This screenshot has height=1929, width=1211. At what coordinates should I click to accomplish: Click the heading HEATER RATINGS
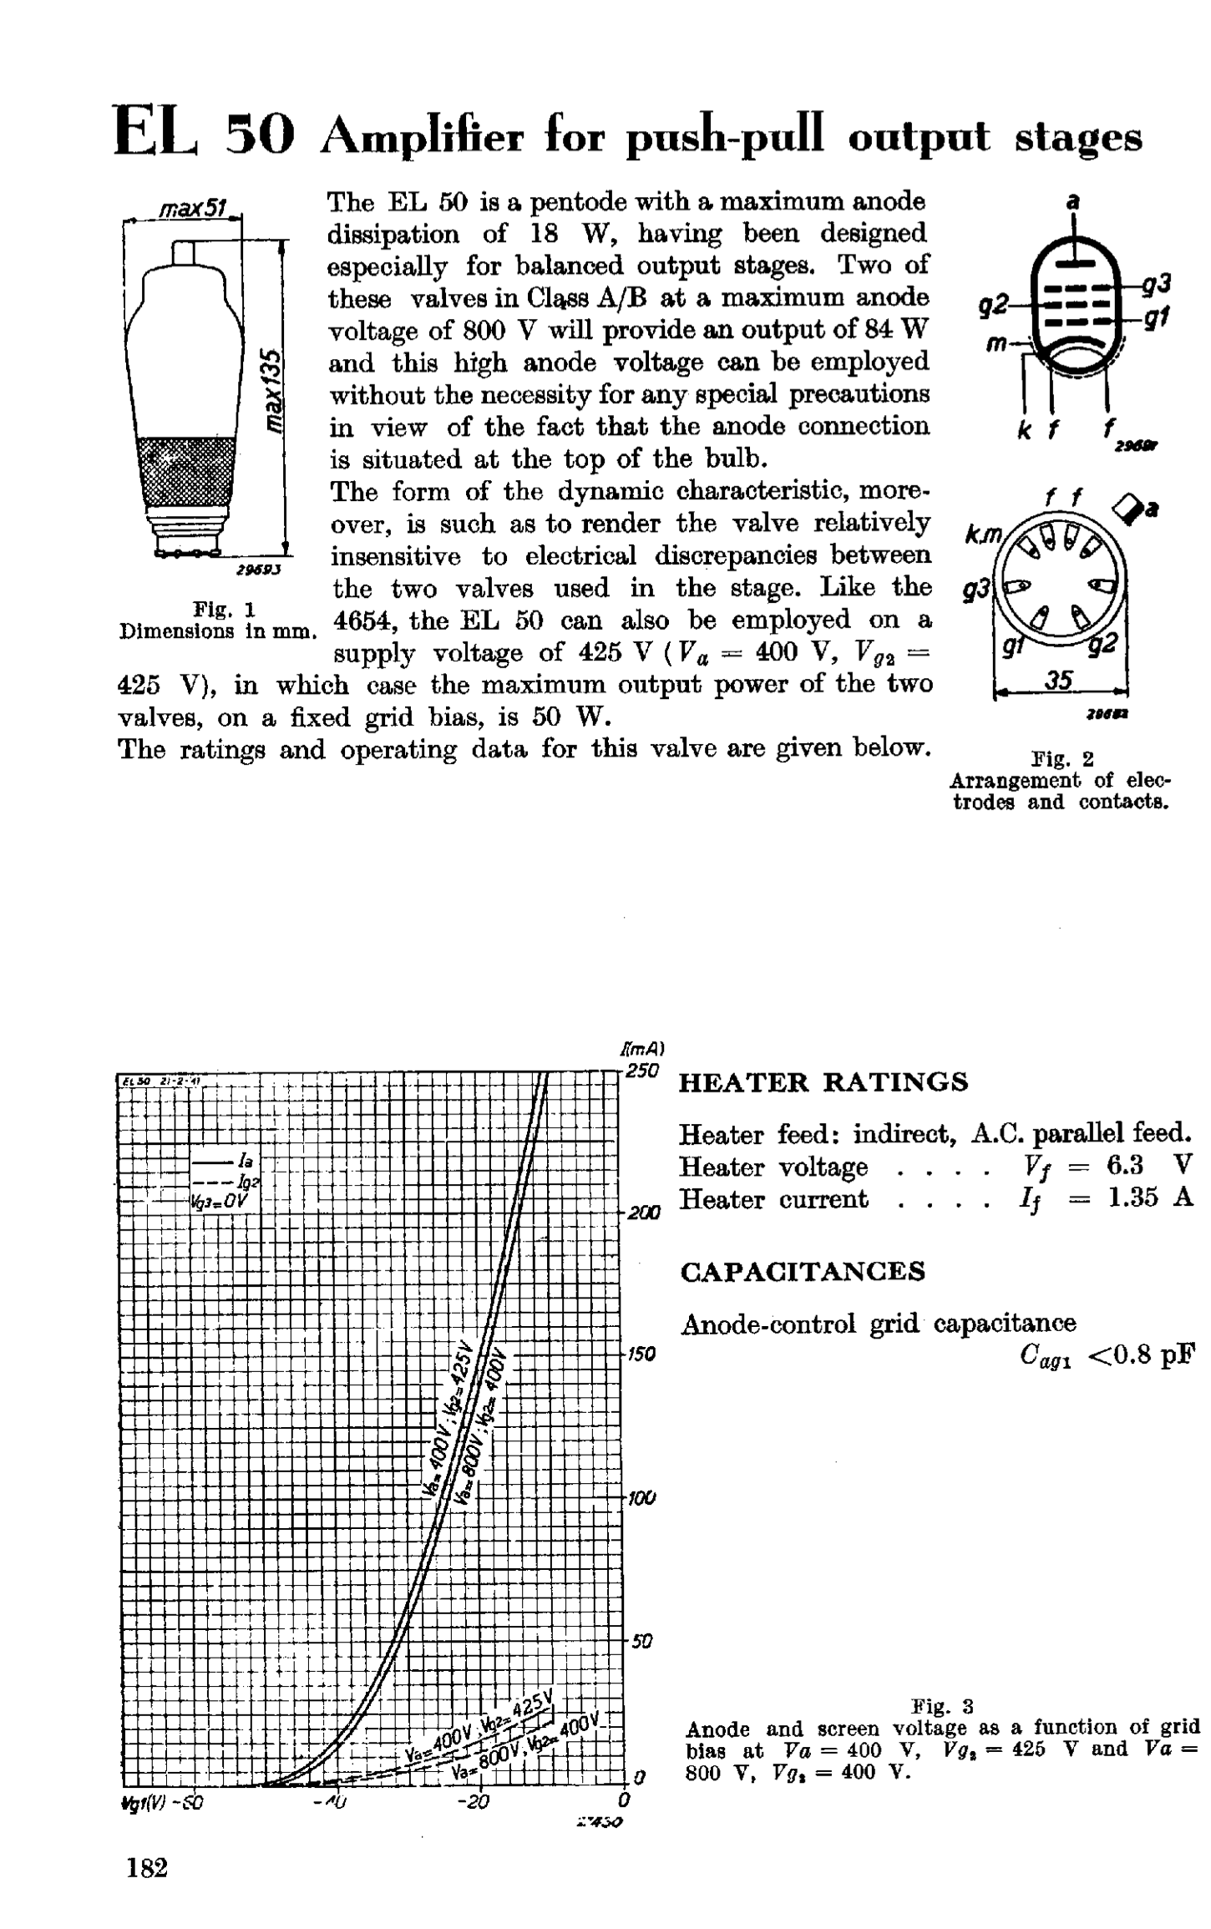coord(823,1082)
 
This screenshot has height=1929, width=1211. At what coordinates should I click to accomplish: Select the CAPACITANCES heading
coord(803,1272)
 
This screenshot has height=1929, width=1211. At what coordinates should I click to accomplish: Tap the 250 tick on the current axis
coord(642,1071)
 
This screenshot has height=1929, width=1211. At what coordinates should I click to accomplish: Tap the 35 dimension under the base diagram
coord(1059,681)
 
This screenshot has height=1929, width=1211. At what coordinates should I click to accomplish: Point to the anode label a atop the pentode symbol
coord(1075,201)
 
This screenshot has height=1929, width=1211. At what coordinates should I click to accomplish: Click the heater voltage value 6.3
coord(1124,1166)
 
